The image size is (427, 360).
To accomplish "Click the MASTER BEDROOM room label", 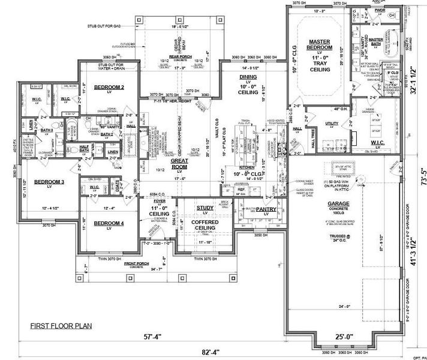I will click(319, 43).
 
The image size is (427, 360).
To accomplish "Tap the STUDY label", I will click(205, 208).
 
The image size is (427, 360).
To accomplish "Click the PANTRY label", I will click(265, 210).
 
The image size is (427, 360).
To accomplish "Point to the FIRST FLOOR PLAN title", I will click(62, 326).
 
